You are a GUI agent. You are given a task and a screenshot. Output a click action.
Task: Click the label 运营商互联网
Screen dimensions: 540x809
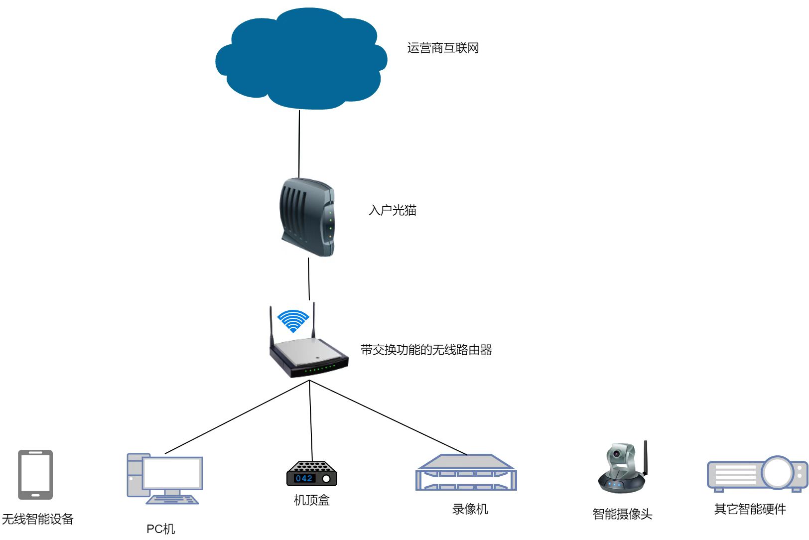click(x=443, y=48)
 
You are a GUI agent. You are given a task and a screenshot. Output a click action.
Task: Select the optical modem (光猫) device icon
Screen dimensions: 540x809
click(x=306, y=218)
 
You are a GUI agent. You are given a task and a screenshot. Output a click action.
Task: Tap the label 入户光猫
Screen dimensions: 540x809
click(x=392, y=210)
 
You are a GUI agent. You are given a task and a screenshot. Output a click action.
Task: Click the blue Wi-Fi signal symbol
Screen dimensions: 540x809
click(x=293, y=320)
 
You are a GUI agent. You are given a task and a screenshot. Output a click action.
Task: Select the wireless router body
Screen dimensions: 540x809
click(x=308, y=356)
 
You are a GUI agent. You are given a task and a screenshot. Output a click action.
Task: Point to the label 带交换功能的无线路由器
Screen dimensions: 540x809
click(x=426, y=350)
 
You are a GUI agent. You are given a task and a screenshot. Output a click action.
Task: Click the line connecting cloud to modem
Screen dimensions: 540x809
click(x=299, y=144)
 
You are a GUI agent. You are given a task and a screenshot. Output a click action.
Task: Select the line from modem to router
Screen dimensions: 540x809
click(x=309, y=279)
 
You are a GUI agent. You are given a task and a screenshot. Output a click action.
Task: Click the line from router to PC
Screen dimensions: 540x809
click(x=237, y=417)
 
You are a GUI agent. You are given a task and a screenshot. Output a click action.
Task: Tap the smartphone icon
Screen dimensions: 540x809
click(x=35, y=474)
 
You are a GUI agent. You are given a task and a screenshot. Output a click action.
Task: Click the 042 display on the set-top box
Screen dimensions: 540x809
click(x=304, y=478)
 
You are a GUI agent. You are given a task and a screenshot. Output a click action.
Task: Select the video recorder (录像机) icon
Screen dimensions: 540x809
click(x=466, y=472)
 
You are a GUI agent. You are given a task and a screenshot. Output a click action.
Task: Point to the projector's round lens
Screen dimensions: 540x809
click(x=777, y=472)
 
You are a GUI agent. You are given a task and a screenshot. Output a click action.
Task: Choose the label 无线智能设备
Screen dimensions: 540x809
click(x=38, y=519)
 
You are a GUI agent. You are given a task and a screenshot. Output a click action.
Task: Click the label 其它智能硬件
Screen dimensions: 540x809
click(x=750, y=509)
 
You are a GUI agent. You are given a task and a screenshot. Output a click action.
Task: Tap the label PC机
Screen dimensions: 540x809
click(x=160, y=529)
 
